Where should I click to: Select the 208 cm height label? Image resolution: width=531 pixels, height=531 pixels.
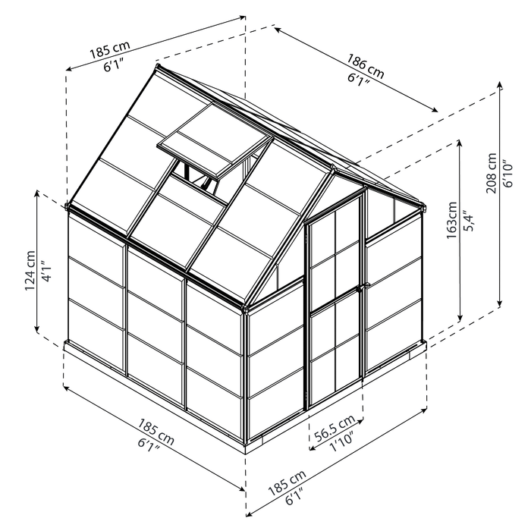click(491, 176)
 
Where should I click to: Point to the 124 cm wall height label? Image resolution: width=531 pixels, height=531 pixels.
click(29, 271)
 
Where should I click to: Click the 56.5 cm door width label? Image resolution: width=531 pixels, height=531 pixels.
click(335, 425)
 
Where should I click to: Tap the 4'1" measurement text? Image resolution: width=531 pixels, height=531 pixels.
click(46, 271)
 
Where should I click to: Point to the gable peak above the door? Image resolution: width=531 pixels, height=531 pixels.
click(333, 168)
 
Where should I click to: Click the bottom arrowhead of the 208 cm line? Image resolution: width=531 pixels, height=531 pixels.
click(501, 306)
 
